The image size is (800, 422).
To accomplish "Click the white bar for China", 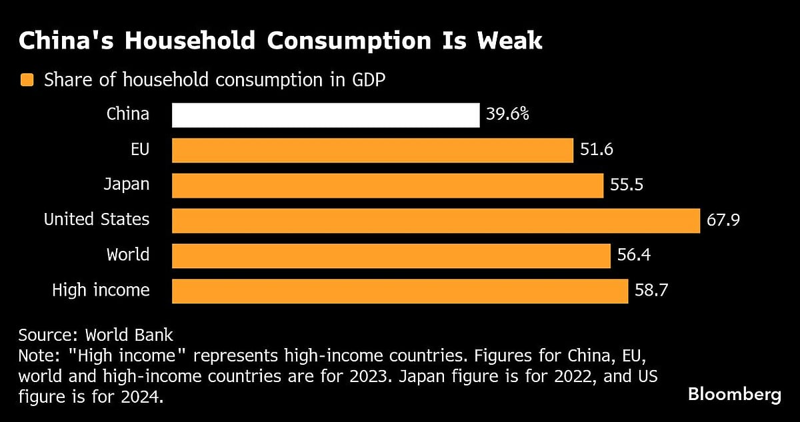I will (325, 115).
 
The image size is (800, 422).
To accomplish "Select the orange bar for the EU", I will (372, 150).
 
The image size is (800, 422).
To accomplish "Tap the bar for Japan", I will (387, 186).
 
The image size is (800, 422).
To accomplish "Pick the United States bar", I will (436, 220).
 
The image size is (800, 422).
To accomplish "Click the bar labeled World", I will (391, 256).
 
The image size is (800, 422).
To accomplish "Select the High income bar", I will (399, 291).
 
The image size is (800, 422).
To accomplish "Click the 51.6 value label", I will (596, 150).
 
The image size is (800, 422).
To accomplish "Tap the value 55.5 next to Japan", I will (627, 186).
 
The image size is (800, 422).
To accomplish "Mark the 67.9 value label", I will (723, 220).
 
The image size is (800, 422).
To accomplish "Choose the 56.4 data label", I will (633, 256).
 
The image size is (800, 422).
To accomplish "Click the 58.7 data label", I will (651, 291).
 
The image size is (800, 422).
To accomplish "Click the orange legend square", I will (27, 81).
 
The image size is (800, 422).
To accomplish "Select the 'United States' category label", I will (97, 220).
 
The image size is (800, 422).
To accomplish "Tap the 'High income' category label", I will (101, 291).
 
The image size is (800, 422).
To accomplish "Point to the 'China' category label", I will (128, 114).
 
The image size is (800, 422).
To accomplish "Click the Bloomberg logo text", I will (734, 395).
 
